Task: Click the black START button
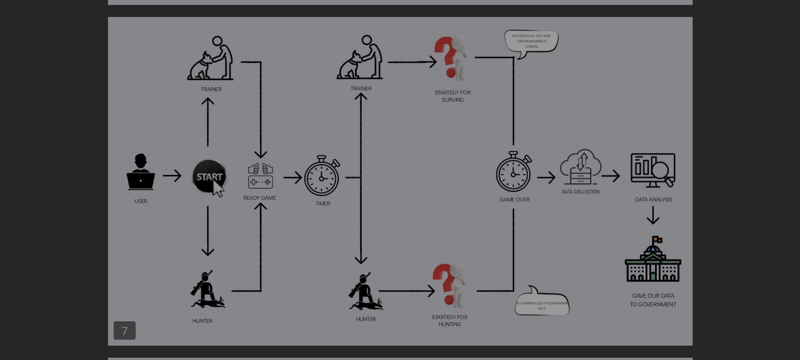coord(209,177)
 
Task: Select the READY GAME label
coord(259,198)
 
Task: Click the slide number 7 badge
coord(125,331)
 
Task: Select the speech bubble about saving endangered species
coord(531,41)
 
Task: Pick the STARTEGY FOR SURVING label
coord(452,96)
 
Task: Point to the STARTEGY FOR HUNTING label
coord(449,321)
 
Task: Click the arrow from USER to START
coord(172,176)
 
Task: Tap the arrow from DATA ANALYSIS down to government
coord(653,215)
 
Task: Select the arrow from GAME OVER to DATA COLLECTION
coord(546,177)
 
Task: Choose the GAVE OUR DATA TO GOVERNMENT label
coord(653,300)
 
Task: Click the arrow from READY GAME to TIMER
coord(293,177)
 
